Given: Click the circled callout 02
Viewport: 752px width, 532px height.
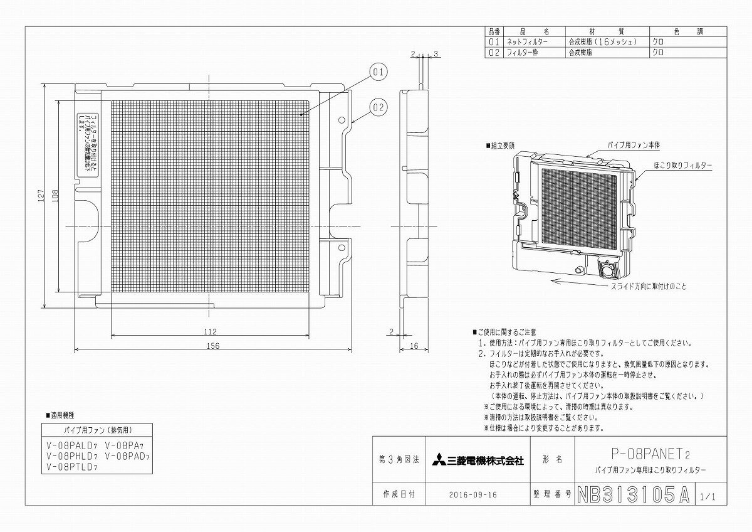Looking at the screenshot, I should tap(378, 107).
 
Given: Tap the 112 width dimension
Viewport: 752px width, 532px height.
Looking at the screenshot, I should tap(210, 332).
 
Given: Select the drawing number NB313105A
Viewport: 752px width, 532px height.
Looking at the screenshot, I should tap(632, 494).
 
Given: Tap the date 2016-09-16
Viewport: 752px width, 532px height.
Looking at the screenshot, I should tap(473, 494).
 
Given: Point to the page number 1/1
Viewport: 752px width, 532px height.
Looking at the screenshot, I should tap(709, 496).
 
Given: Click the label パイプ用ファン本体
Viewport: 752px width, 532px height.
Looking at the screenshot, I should tap(634, 145).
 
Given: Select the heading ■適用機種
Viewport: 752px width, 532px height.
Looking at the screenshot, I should tap(61, 415).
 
